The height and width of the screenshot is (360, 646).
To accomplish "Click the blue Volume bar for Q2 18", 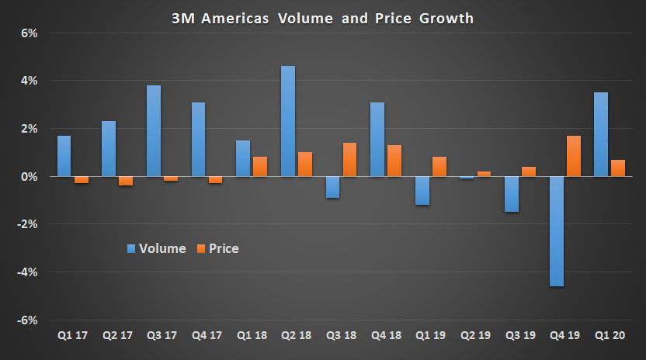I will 287,121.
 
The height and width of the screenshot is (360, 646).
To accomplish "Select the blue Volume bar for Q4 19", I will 557,231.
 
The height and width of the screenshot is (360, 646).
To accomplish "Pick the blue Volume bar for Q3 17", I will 154,130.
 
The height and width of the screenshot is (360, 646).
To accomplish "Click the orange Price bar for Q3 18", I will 350,159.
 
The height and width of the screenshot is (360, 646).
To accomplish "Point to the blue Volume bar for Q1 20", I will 601,134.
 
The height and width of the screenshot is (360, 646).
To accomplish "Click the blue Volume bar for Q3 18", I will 332,187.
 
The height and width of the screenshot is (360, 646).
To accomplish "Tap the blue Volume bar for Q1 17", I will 64,156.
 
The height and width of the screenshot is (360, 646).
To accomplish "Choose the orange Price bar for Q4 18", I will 395,161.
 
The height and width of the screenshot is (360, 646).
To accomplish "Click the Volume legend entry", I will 156,248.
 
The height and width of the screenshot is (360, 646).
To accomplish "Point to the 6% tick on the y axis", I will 30,33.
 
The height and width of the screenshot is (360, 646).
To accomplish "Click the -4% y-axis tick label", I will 28,272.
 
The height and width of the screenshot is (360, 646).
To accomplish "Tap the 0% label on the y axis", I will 30,177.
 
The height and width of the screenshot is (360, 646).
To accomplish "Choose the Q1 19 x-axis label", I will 430,336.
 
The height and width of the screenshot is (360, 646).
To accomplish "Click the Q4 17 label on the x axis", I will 207,336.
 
